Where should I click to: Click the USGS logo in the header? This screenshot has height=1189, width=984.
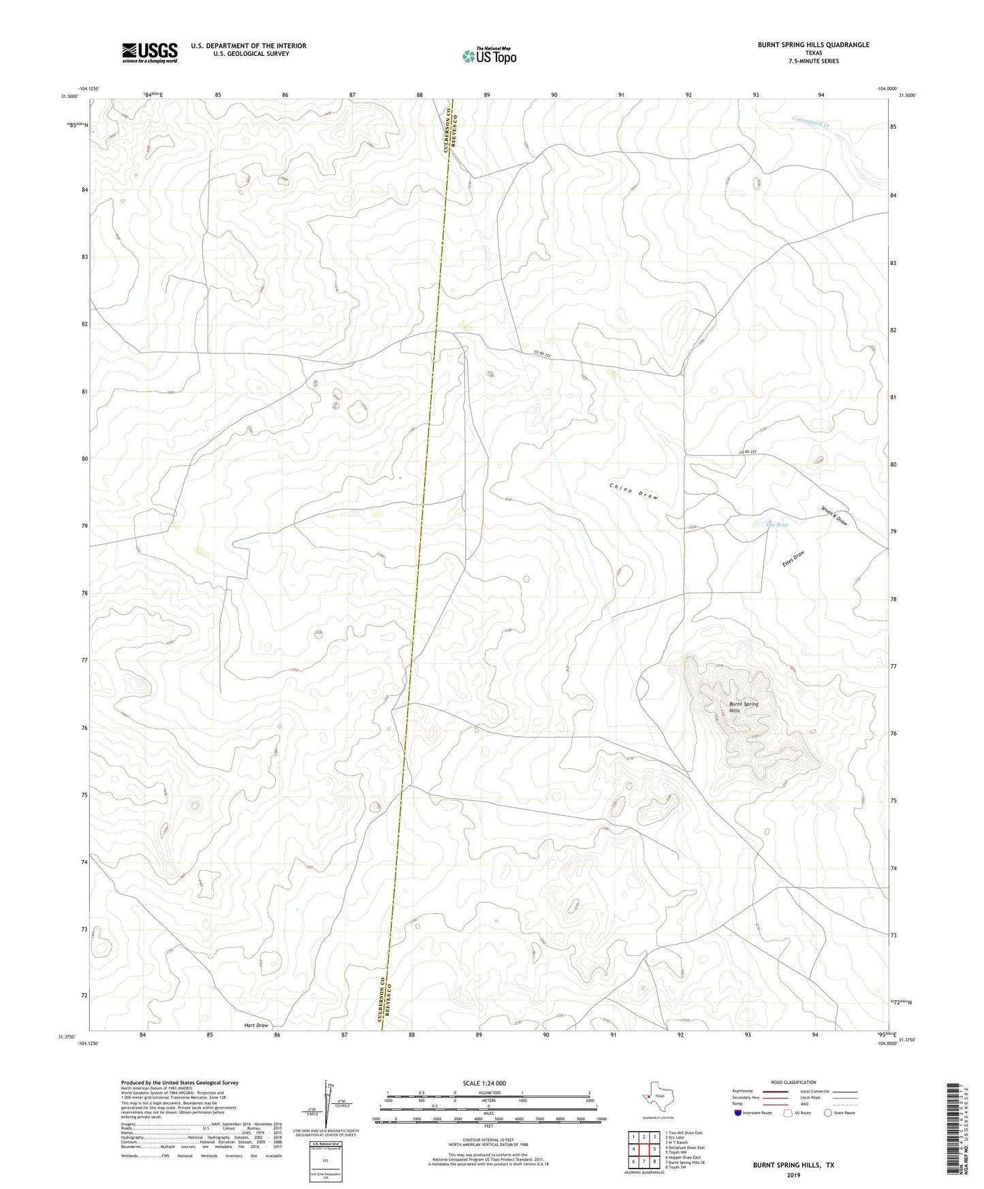pos(149,52)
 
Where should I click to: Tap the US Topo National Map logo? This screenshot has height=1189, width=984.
pos(488,56)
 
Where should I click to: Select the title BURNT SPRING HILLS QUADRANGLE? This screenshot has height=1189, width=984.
pos(813,45)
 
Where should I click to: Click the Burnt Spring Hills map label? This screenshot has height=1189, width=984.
pos(743,707)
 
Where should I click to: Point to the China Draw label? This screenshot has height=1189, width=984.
pos(634,491)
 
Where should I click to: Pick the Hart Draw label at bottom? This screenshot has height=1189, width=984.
pos(257,1025)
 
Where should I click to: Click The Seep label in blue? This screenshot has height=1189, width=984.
pos(777,524)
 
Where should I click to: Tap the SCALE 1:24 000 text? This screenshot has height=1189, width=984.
pos(484,1083)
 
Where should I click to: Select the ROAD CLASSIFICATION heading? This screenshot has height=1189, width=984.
pos(794,1082)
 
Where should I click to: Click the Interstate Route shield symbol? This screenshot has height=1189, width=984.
pos(738,1113)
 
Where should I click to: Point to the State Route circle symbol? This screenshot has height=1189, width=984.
pos(828,1113)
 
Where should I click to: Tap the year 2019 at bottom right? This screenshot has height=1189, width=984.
pos(793,1175)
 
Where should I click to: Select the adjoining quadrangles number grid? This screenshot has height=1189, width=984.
pos(643,1149)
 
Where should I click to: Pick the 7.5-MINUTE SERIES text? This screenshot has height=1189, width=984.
pos(813,61)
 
